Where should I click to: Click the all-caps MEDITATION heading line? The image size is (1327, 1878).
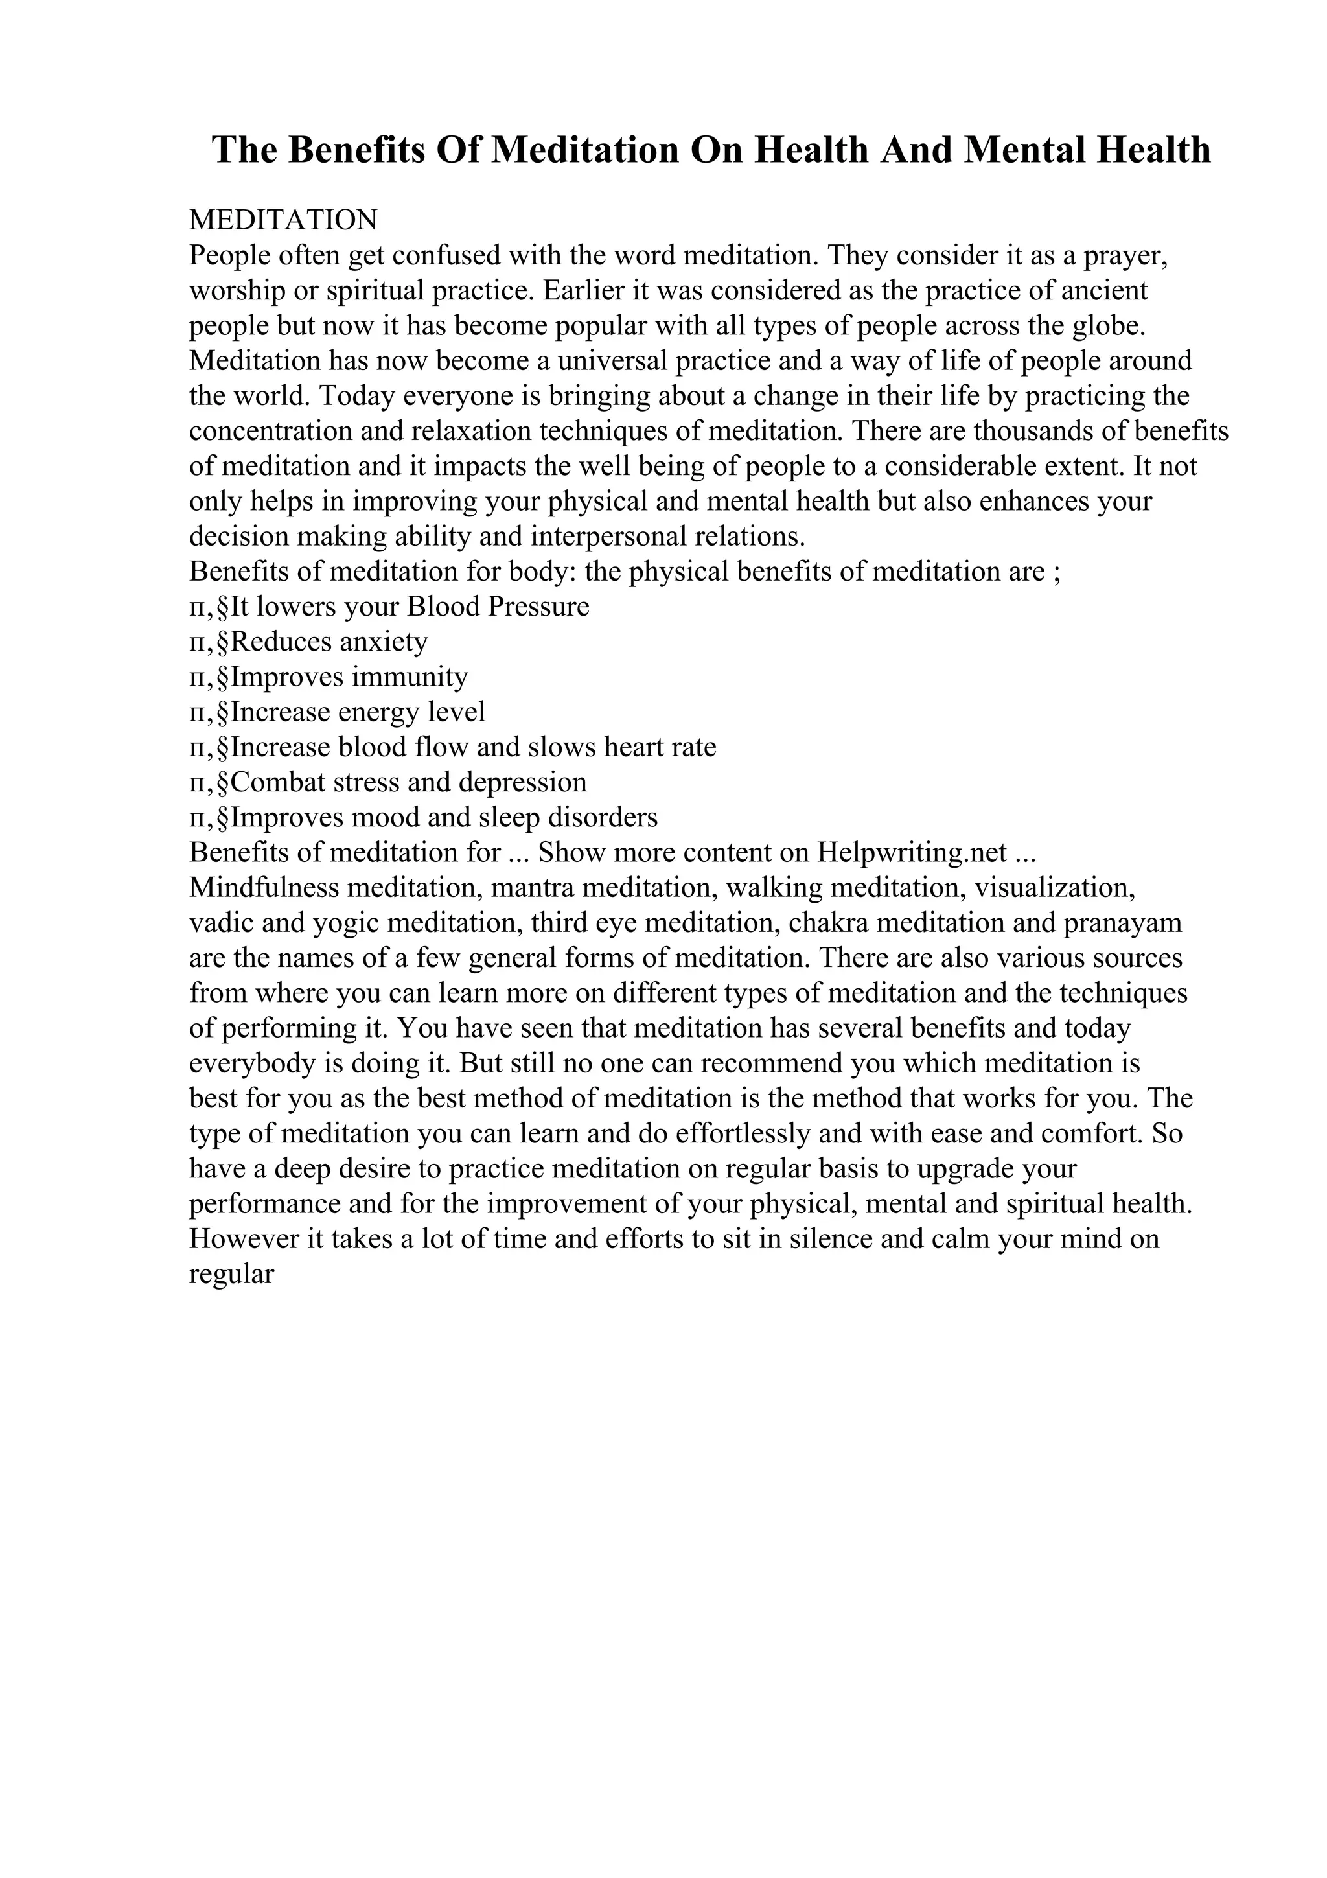coord(283,220)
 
